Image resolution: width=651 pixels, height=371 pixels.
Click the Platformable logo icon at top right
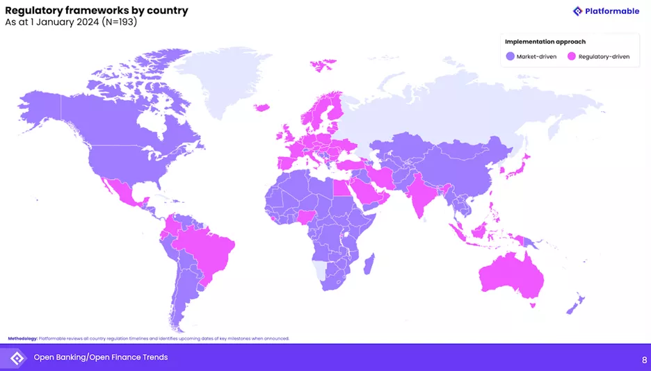577,11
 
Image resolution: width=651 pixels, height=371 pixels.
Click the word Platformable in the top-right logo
612,11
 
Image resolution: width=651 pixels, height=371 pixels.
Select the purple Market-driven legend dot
510,56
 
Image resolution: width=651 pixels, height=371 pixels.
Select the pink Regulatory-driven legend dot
572,56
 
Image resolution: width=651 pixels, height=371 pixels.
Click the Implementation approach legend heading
545,42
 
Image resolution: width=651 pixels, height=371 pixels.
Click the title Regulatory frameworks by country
97,10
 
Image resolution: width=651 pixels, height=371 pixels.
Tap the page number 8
643,359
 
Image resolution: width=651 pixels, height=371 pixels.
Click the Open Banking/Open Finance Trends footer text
101,357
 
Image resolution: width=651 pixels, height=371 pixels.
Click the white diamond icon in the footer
17,358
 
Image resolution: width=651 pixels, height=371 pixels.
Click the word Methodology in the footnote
22,338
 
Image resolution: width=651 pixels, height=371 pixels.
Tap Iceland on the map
262,107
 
